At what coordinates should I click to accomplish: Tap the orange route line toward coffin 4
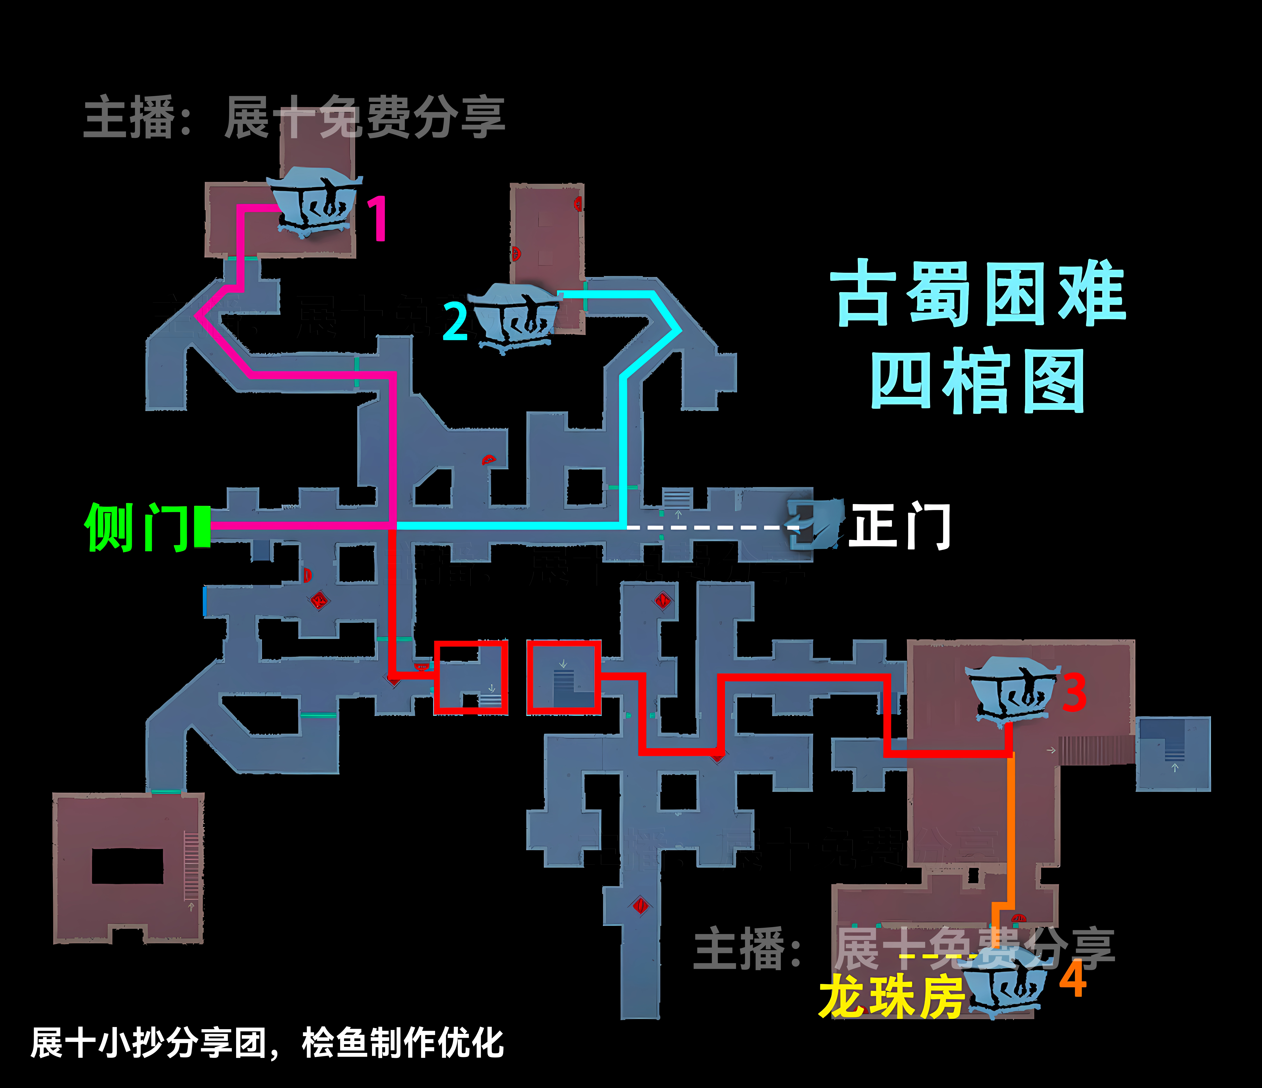click(x=1011, y=828)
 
